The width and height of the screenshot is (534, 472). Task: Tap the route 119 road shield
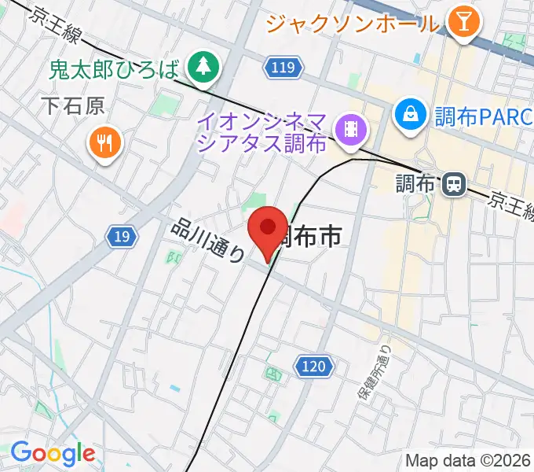280,69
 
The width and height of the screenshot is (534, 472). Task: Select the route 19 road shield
123,235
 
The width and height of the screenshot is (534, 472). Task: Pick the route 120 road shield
312,366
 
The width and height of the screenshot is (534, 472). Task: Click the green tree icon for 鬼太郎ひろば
204,65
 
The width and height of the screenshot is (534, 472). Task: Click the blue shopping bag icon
410,115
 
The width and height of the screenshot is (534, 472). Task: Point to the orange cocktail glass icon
463,23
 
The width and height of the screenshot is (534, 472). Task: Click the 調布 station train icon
452,185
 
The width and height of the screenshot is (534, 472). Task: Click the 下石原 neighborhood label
73,106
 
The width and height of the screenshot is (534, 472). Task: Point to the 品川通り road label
207,240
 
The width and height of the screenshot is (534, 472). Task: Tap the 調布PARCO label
483,116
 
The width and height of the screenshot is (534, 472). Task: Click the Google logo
52,454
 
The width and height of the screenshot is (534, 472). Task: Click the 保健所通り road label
374,376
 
